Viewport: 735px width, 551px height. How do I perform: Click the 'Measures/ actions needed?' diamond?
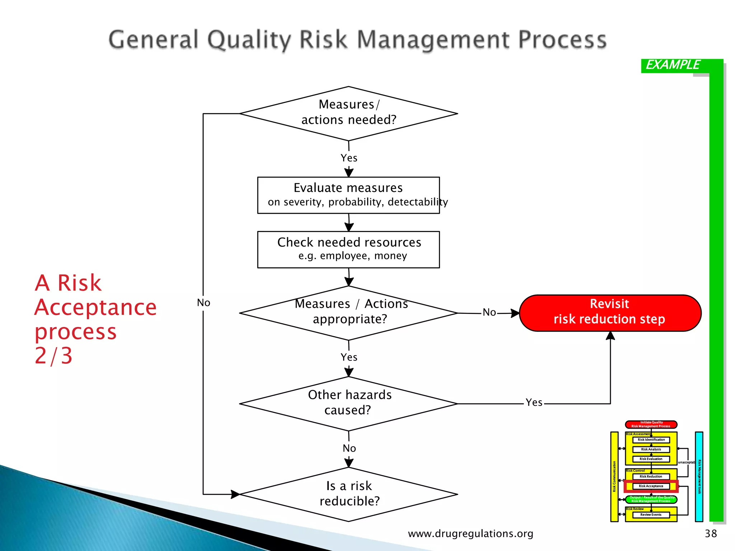click(x=348, y=113)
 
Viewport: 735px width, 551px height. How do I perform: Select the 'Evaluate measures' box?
click(x=348, y=195)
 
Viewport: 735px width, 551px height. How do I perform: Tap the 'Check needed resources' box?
click(x=348, y=249)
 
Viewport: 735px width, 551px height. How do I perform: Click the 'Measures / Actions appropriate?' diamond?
click(x=348, y=313)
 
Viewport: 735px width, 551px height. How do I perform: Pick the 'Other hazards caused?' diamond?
click(x=348, y=404)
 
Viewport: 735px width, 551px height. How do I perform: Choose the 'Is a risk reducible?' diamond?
click(x=348, y=494)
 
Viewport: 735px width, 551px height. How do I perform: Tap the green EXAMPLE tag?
click(x=673, y=65)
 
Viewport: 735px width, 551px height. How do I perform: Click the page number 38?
click(x=711, y=533)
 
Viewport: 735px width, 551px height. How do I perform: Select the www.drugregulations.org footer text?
click(x=471, y=533)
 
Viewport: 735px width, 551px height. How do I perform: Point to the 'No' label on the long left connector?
click(x=203, y=303)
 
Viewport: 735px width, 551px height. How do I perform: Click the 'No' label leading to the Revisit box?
click(x=489, y=312)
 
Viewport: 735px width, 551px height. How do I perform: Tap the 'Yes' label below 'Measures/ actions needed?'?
click(x=349, y=158)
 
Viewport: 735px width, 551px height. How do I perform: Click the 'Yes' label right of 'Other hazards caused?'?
click(x=534, y=402)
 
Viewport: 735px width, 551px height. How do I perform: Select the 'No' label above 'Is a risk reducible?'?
click(x=349, y=448)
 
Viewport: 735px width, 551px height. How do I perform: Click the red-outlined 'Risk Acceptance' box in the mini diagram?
click(x=651, y=486)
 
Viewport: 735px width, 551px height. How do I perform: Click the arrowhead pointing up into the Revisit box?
click(x=610, y=336)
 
